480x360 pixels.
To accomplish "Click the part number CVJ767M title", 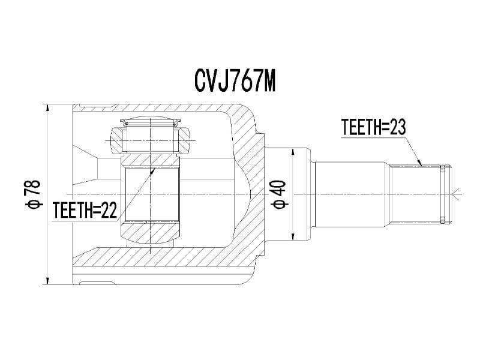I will coord(235,82).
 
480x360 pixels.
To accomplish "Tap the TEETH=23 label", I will coord(374,127).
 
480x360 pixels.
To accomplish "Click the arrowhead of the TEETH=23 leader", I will coord(421,163).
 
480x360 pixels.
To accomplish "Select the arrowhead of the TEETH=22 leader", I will coord(153,169).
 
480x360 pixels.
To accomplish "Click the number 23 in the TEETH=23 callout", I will coord(397,127).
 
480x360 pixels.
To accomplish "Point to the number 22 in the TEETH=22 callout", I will coord(109,211).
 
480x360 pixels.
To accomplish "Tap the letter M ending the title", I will coord(268,82).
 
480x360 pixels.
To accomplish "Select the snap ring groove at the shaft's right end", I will coord(443,193).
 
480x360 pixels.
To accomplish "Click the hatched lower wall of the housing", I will coord(168,259).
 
